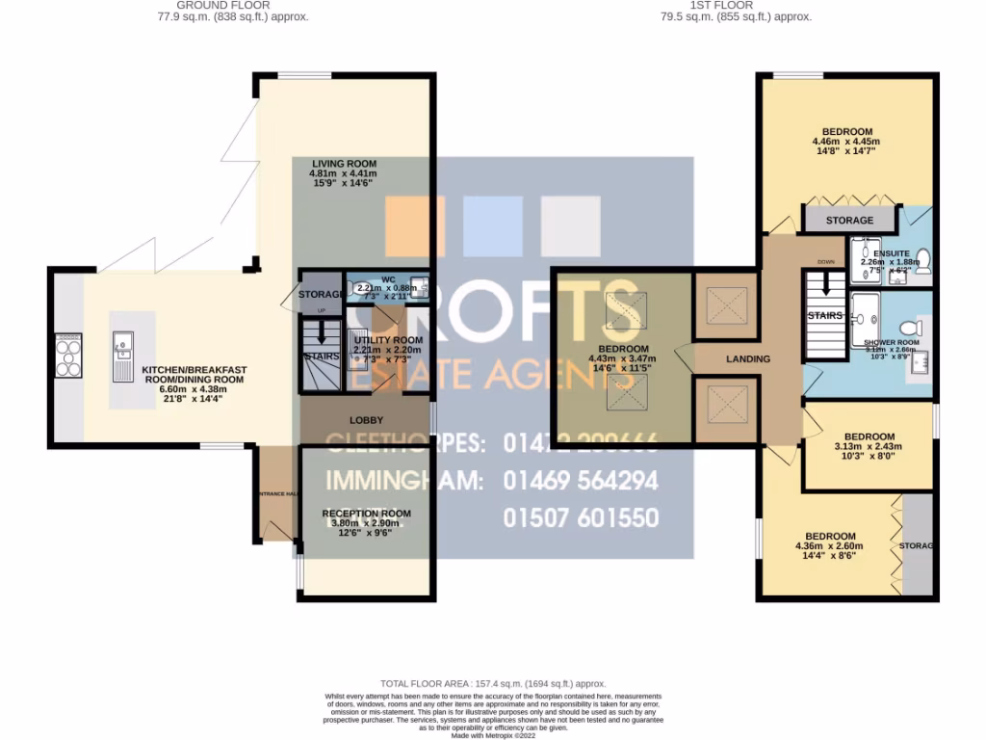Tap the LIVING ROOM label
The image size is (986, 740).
click(x=344, y=163)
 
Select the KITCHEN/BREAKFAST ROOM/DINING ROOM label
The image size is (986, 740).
click(x=195, y=375)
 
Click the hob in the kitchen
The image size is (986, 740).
click(x=68, y=355)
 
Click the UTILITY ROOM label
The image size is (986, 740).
click(x=388, y=340)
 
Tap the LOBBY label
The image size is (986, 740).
click(x=366, y=420)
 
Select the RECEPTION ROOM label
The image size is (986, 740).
click(x=366, y=514)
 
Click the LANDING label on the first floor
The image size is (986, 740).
click(x=748, y=359)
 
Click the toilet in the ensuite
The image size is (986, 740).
click(x=922, y=257)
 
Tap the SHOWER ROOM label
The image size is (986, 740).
click(x=891, y=343)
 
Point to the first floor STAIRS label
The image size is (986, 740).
click(x=825, y=315)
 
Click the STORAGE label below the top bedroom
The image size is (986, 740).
click(x=849, y=221)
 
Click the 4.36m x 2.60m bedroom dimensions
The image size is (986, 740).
click(x=830, y=546)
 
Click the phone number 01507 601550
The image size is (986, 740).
click(x=582, y=518)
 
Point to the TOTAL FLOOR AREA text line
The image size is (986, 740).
click(x=493, y=683)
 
